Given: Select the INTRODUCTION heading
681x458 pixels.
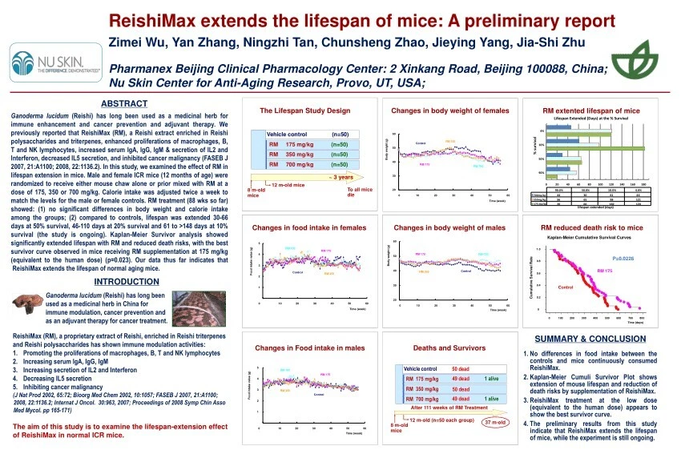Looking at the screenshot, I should [x=126, y=282].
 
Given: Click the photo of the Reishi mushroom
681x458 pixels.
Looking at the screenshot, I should [x=27, y=307].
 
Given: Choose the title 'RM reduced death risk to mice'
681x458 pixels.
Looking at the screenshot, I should [x=591, y=228].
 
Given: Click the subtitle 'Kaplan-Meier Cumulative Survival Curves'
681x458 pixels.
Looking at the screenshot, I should [x=591, y=238].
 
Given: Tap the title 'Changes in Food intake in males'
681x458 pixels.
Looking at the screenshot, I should [x=308, y=348].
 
